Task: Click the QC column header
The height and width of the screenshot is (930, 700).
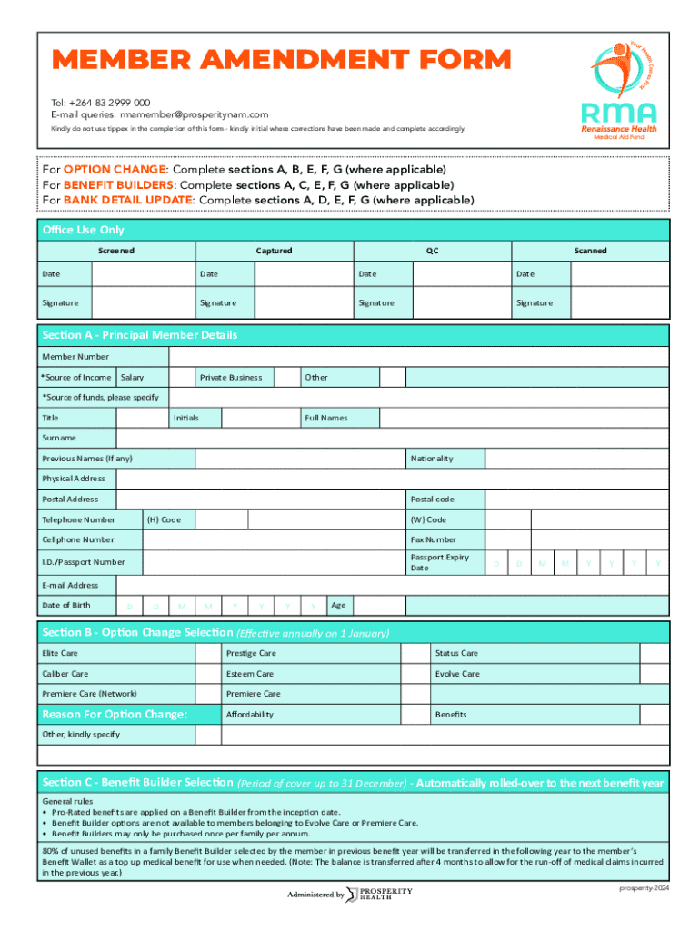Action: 432,251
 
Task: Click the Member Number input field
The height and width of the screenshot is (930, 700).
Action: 418,357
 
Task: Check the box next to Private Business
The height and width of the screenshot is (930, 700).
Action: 287,377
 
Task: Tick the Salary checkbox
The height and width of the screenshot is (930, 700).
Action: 183,377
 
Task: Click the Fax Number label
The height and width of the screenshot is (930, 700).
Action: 434,539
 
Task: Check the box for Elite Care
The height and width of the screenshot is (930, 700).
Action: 208,653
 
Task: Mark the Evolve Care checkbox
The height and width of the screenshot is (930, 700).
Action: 655,674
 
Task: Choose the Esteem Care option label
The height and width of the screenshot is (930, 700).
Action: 250,674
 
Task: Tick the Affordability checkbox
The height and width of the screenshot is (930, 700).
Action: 417,715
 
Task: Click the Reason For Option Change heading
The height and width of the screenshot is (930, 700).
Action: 115,715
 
